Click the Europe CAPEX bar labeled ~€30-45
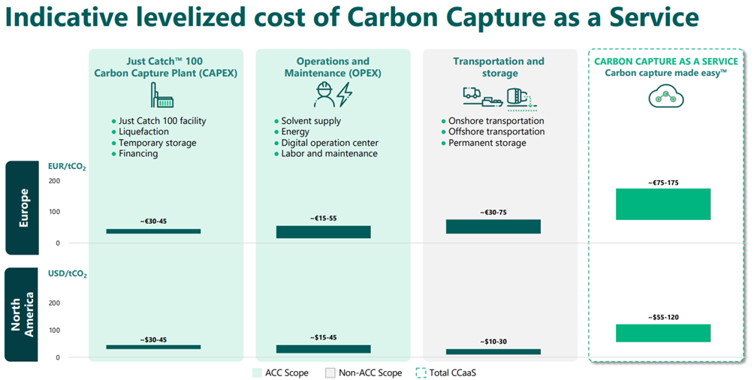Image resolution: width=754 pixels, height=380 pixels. coord(153,231)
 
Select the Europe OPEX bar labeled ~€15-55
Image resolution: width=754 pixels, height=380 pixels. coord(323,232)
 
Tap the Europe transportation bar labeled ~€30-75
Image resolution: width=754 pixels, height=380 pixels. coord(493,227)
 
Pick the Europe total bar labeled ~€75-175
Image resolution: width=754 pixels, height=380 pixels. coord(663,204)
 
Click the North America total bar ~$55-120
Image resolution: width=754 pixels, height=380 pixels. coord(663,333)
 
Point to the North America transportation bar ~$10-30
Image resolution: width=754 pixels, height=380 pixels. coord(493,351)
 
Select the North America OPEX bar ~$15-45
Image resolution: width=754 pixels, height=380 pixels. coord(323,348)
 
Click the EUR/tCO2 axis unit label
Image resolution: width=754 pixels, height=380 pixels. coord(68,167)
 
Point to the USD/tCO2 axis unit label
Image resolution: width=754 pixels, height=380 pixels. coord(68,274)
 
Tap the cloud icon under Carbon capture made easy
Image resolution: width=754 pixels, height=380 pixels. coord(663,95)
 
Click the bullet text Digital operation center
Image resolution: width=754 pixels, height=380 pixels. coord(329,143)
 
